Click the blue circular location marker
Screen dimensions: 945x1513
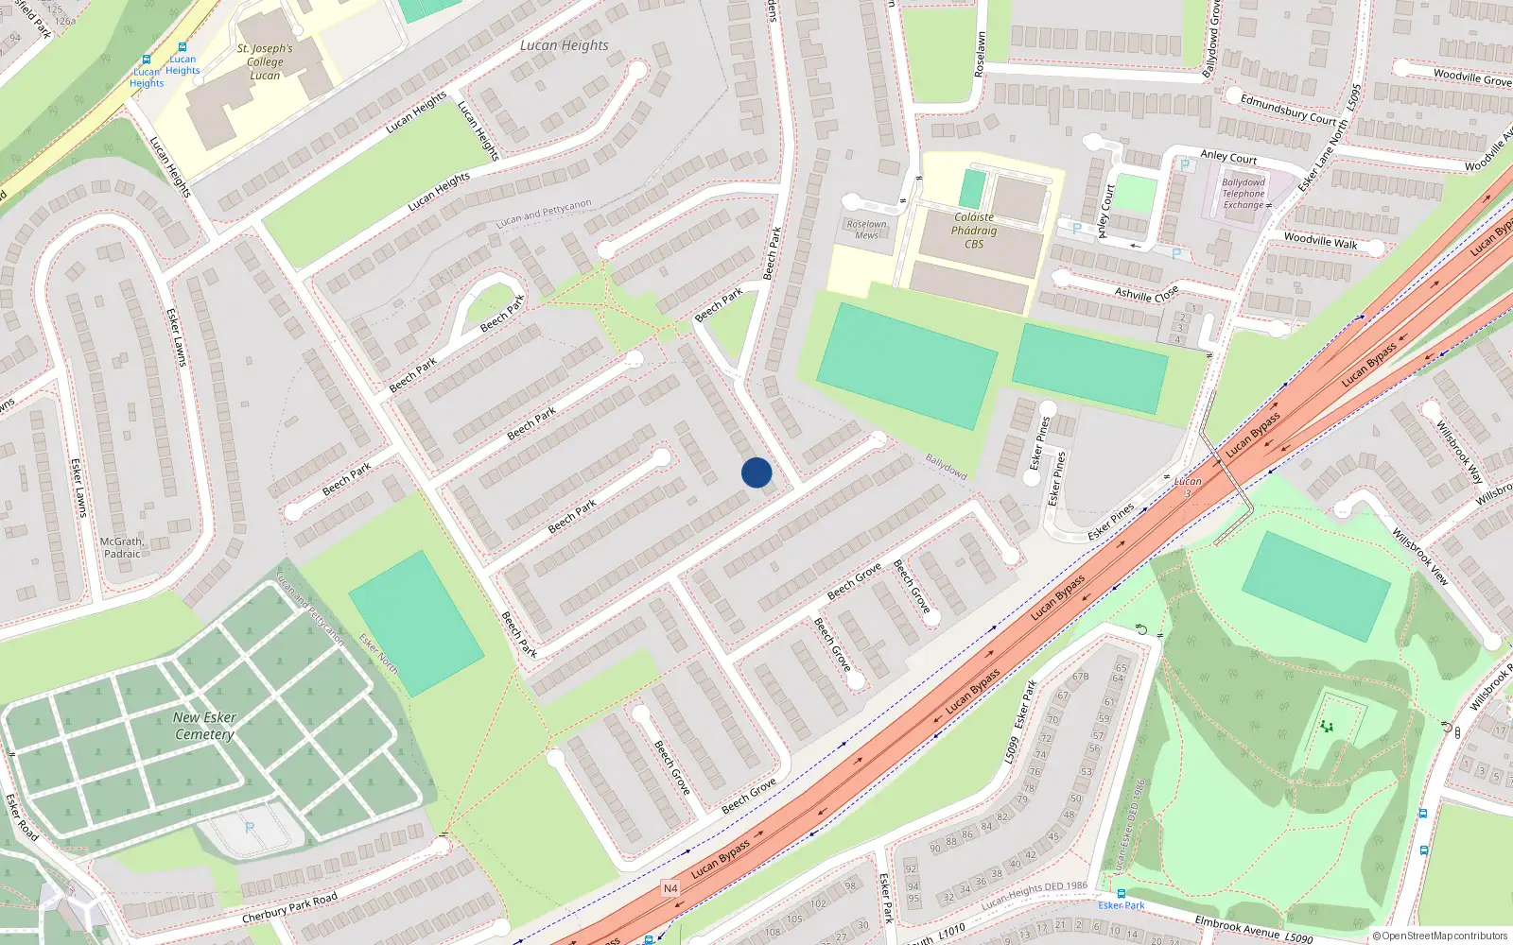click(756, 472)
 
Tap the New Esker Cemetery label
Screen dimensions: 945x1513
click(204, 726)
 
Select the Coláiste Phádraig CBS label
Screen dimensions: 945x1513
click(974, 231)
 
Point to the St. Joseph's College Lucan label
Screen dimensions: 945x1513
click(265, 61)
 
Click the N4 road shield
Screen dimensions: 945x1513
click(670, 888)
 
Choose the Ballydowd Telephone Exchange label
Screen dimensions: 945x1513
click(1243, 194)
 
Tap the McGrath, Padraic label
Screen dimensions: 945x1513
click(122, 548)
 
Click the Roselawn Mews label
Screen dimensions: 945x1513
click(866, 230)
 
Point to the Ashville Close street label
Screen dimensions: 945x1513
click(1146, 294)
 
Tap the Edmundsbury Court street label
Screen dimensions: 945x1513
click(1288, 110)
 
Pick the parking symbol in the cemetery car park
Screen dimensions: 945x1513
click(250, 828)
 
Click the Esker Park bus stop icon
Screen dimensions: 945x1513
click(1121, 893)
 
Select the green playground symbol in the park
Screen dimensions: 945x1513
click(1327, 727)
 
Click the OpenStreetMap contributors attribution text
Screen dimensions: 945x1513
click(1439, 936)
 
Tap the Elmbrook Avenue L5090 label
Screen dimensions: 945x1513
click(1253, 929)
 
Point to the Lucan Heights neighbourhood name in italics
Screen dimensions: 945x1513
click(565, 45)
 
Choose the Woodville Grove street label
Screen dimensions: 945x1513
click(1471, 77)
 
